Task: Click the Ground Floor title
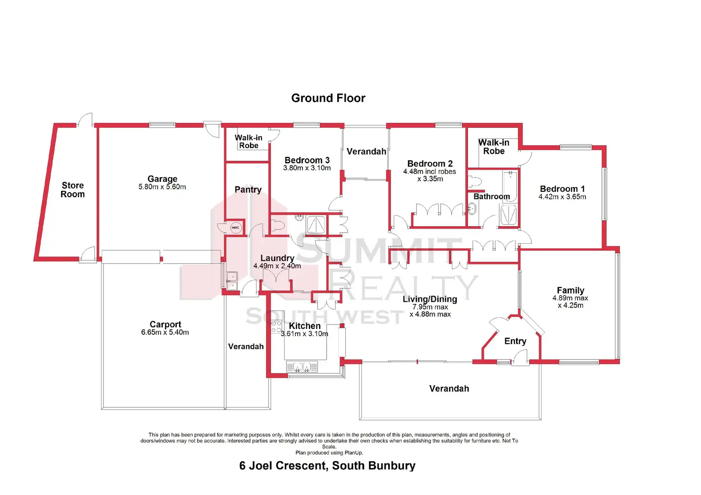[328, 98]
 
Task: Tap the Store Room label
[72, 189]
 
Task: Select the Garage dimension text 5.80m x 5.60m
[162, 187]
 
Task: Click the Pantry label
[248, 189]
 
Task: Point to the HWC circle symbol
[235, 228]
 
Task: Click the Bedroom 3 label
[307, 160]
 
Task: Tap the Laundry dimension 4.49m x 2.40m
[277, 266]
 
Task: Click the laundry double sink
[231, 280]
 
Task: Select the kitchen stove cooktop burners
[277, 327]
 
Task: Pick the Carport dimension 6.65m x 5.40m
[165, 332]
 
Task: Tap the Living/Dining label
[430, 299]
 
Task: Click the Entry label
[515, 341]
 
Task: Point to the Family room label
[570, 290]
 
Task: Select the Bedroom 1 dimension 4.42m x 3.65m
[562, 197]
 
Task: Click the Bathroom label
[491, 196]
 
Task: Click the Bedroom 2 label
[430, 163]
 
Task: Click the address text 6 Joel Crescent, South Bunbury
[327, 465]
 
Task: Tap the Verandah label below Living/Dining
[449, 388]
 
